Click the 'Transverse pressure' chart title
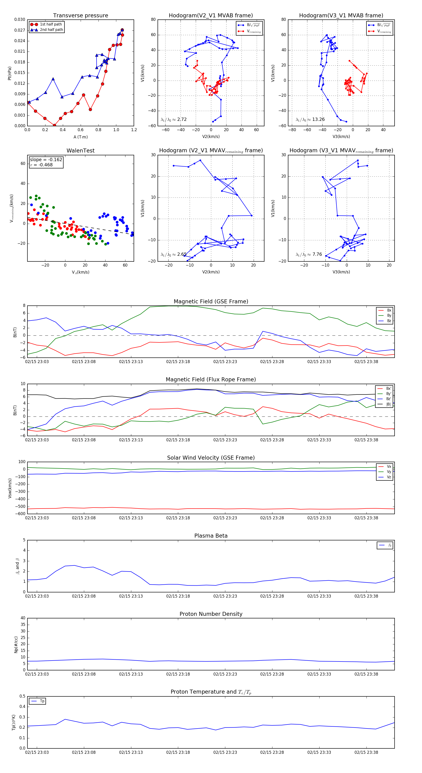point(80,16)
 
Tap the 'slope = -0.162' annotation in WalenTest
point(46,160)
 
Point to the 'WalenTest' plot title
point(80,151)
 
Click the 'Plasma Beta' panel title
point(211,536)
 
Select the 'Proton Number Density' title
point(211,614)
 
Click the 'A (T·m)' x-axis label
point(80,137)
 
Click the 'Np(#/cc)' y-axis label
point(16,645)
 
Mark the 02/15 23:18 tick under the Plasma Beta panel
point(178,596)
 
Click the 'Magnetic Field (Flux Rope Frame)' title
point(211,380)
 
